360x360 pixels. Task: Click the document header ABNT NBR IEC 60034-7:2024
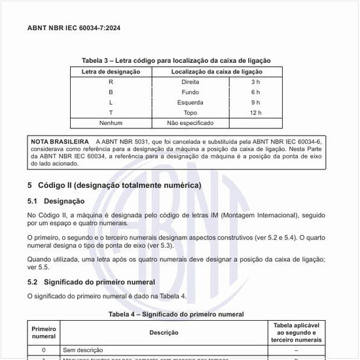coord(74,29)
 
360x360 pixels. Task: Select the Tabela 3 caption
coord(175,60)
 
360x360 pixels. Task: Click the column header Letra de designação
coord(111,71)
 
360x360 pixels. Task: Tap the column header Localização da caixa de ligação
coord(217,71)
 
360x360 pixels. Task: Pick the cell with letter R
coord(111,81)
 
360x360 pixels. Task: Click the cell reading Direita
coord(190,81)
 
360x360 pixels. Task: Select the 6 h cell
coord(255,92)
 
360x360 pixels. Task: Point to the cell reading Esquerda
coord(190,102)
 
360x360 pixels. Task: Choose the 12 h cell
coord(255,113)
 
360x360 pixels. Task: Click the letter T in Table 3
coord(111,113)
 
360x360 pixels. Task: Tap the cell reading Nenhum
coord(111,123)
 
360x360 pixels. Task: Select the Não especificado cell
coord(190,123)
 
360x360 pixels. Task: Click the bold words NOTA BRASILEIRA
coord(60,141)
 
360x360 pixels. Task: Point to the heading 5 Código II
coord(114,185)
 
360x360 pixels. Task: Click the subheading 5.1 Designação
coord(56,201)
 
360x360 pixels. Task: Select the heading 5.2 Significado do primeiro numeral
coord(91,282)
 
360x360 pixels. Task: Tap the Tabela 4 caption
coord(175,314)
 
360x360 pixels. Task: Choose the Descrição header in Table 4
coord(164,333)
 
